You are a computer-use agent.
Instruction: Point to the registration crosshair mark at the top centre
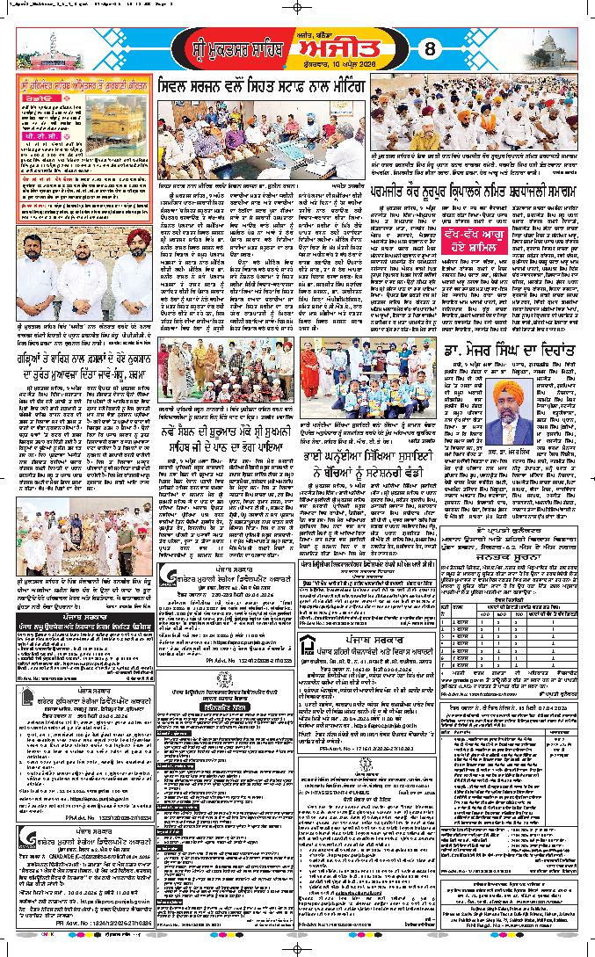pos(297,7)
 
